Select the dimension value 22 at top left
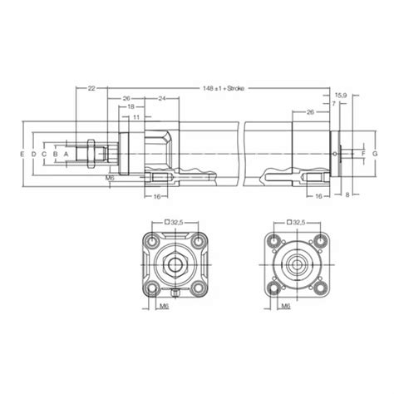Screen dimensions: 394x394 click(x=91, y=87)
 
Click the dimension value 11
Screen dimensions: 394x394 click(x=135, y=117)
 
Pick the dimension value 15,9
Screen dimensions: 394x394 click(x=341, y=96)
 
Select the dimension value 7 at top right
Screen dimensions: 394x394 click(x=333, y=105)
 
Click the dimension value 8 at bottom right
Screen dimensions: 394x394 click(x=347, y=194)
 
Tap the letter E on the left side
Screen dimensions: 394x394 click(x=22, y=155)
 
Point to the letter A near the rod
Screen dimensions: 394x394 click(x=66, y=155)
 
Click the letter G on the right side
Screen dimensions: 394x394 click(x=375, y=155)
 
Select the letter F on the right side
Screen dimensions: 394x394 click(x=362, y=155)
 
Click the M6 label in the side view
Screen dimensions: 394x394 click(x=111, y=178)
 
